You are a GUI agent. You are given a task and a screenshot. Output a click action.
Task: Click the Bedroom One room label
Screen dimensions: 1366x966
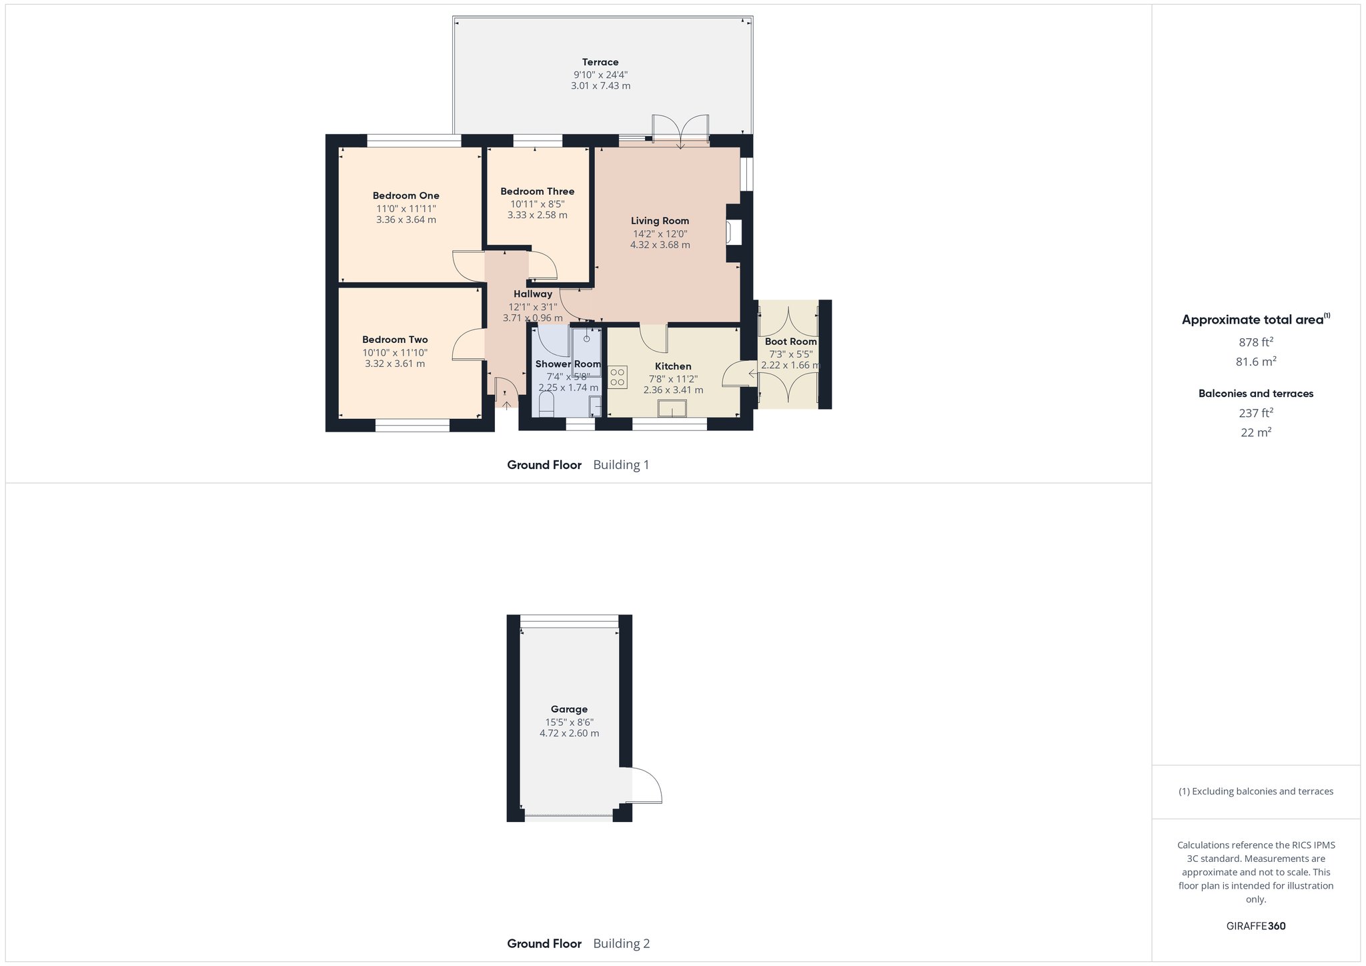click(x=406, y=195)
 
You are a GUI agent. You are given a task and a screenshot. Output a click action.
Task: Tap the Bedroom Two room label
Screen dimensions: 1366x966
click(x=395, y=340)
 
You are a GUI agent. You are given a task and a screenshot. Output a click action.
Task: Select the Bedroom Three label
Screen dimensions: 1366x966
click(x=538, y=191)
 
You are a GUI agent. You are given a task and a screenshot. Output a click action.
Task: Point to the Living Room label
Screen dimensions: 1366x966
click(x=660, y=221)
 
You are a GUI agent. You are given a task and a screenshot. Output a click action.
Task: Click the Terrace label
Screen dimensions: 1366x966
click(x=600, y=62)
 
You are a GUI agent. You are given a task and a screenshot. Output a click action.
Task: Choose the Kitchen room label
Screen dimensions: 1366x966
click(x=673, y=366)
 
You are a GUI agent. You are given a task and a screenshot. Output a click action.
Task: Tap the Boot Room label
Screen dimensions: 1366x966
click(x=791, y=342)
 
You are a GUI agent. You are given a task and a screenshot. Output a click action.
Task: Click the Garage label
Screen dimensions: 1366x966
click(x=569, y=709)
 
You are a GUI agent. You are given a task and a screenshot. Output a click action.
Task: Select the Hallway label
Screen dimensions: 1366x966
click(x=533, y=294)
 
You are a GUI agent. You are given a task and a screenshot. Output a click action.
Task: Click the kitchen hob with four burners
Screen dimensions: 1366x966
click(x=618, y=377)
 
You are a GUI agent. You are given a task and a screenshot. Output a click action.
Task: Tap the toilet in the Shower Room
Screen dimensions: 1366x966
click(x=546, y=404)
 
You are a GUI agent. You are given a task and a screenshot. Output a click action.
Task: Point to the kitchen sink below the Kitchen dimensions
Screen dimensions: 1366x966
click(x=672, y=408)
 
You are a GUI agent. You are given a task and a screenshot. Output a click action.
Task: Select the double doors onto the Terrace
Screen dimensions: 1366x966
click(x=680, y=131)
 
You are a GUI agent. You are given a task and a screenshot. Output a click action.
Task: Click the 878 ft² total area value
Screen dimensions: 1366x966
click(x=1256, y=342)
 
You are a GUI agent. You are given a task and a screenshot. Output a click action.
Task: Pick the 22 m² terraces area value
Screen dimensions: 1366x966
click(x=1256, y=432)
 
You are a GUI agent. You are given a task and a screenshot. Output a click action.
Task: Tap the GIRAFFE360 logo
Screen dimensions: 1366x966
click(x=1256, y=926)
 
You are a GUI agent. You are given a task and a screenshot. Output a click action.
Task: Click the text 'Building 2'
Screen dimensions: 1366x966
click(x=621, y=943)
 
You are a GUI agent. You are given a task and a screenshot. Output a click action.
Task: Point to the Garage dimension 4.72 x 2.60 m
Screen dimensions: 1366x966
click(x=569, y=733)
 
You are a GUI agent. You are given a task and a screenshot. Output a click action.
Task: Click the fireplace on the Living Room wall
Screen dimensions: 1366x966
click(x=733, y=233)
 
